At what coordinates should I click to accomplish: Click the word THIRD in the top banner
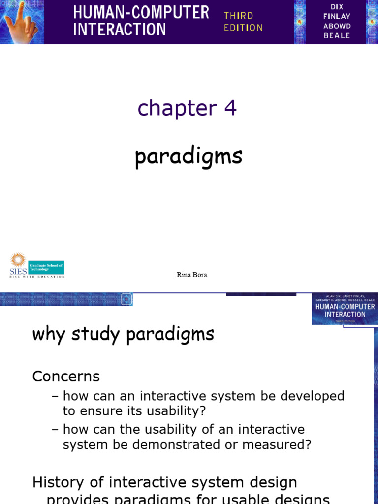[x=238, y=16]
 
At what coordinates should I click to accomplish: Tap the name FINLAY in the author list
[x=337, y=16]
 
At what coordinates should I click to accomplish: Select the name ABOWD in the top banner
[x=337, y=26]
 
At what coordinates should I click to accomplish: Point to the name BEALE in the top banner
[x=337, y=35]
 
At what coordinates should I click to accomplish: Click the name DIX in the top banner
[x=337, y=6]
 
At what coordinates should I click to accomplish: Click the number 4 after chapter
[x=230, y=108]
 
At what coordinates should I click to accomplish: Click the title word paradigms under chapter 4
[x=189, y=157]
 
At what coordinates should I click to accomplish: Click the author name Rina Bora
[x=192, y=275]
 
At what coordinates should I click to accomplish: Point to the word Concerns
[x=66, y=377]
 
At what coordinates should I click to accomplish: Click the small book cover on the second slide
[x=345, y=309]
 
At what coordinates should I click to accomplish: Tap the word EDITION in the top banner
[x=243, y=28]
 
